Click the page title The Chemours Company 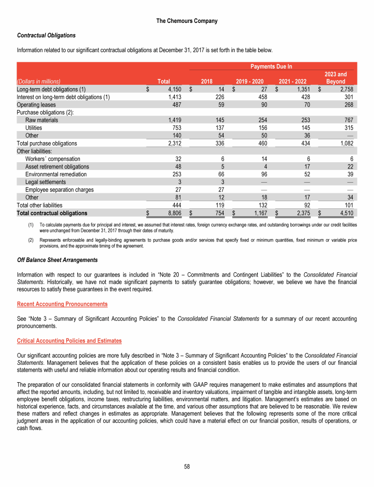(x=187, y=21)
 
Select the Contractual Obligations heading (x=46, y=36)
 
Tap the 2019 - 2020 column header (x=250, y=82)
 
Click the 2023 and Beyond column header (x=336, y=78)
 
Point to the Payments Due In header (x=271, y=66)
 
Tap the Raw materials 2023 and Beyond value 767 (x=347, y=120)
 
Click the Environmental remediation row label (x=56, y=174)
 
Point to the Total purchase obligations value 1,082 (x=345, y=143)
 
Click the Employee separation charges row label (x=59, y=190)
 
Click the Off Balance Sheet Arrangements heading (x=57, y=260)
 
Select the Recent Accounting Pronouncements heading (x=62, y=304)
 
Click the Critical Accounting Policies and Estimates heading (x=69, y=340)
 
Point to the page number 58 (x=187, y=467)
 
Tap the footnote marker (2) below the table (x=31, y=240)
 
